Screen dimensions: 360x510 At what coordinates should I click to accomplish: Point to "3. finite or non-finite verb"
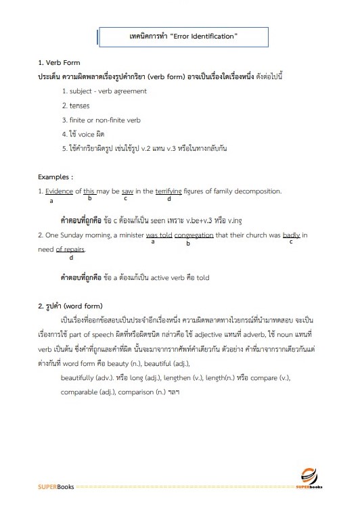coord(101,120)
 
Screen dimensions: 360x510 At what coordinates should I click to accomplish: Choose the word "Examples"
coord(54,177)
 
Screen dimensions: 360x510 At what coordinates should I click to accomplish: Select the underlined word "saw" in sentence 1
coord(127,191)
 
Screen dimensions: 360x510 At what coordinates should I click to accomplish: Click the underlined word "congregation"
coord(194,235)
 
